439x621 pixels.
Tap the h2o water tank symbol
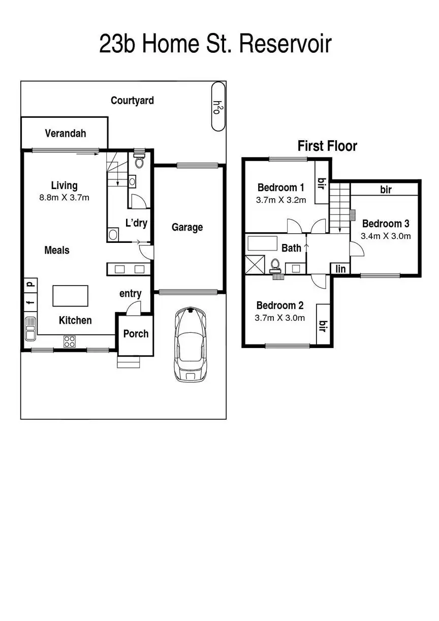pyautogui.click(x=218, y=107)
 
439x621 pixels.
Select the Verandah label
pyautogui.click(x=66, y=134)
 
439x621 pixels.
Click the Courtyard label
pyautogui.click(x=132, y=101)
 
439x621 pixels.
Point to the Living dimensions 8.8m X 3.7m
pyautogui.click(x=64, y=198)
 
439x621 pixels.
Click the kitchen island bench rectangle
pyautogui.click(x=70, y=296)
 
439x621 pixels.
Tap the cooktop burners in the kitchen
pyautogui.click(x=70, y=341)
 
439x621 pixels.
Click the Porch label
pyautogui.click(x=136, y=334)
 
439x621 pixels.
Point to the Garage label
pyautogui.click(x=187, y=227)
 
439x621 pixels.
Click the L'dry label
pyautogui.click(x=136, y=223)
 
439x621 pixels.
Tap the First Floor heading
pyautogui.click(x=327, y=146)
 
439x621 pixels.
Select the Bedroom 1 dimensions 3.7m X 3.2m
pyautogui.click(x=281, y=200)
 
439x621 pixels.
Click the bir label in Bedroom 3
pyautogui.click(x=386, y=190)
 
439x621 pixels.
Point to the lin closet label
pyautogui.click(x=340, y=269)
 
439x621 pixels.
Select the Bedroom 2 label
pyautogui.click(x=279, y=305)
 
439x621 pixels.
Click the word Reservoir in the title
pyautogui.click(x=285, y=45)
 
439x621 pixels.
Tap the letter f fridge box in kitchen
pyautogui.click(x=30, y=304)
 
